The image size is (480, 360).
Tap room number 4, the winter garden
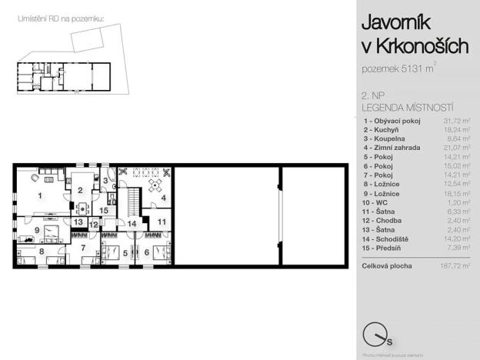pyautogui.click(x=163, y=198)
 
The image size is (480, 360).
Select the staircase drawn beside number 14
pyautogui.click(x=134, y=203)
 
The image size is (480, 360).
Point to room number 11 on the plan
pyautogui.click(x=161, y=222)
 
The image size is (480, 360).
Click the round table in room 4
pyautogui.click(x=156, y=185)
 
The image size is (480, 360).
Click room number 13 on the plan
pyautogui.click(x=78, y=222)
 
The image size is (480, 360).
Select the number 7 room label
pyautogui.click(x=84, y=248)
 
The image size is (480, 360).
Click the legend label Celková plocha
pyautogui.click(x=387, y=266)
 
